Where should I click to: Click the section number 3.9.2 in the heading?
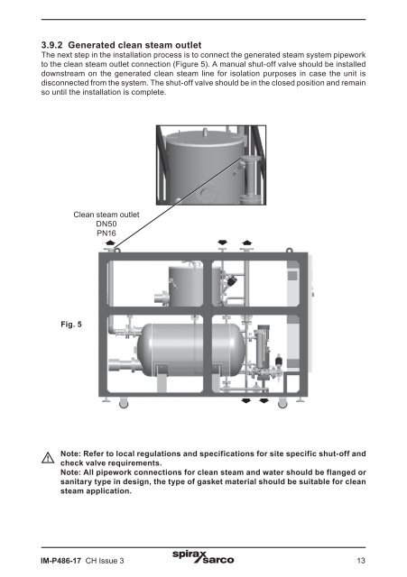[52, 45]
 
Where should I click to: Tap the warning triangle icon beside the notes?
[48, 458]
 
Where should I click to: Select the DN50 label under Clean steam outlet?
[106, 224]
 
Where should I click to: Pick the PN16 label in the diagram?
[106, 233]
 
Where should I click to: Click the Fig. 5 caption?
[71, 325]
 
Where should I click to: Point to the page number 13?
[361, 561]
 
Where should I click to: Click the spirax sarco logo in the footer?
[203, 557]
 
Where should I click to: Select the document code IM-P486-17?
[60, 561]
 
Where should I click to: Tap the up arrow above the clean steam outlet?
[110, 243]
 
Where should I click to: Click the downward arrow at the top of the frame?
[223, 243]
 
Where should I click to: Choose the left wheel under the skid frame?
[124, 403]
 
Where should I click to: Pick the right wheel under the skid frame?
[282, 403]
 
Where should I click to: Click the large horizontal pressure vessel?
[190, 350]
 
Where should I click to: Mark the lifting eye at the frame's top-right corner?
[289, 251]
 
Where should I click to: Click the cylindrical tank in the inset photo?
[205, 168]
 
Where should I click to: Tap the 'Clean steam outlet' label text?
[106, 215]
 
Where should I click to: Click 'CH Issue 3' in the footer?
[105, 561]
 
